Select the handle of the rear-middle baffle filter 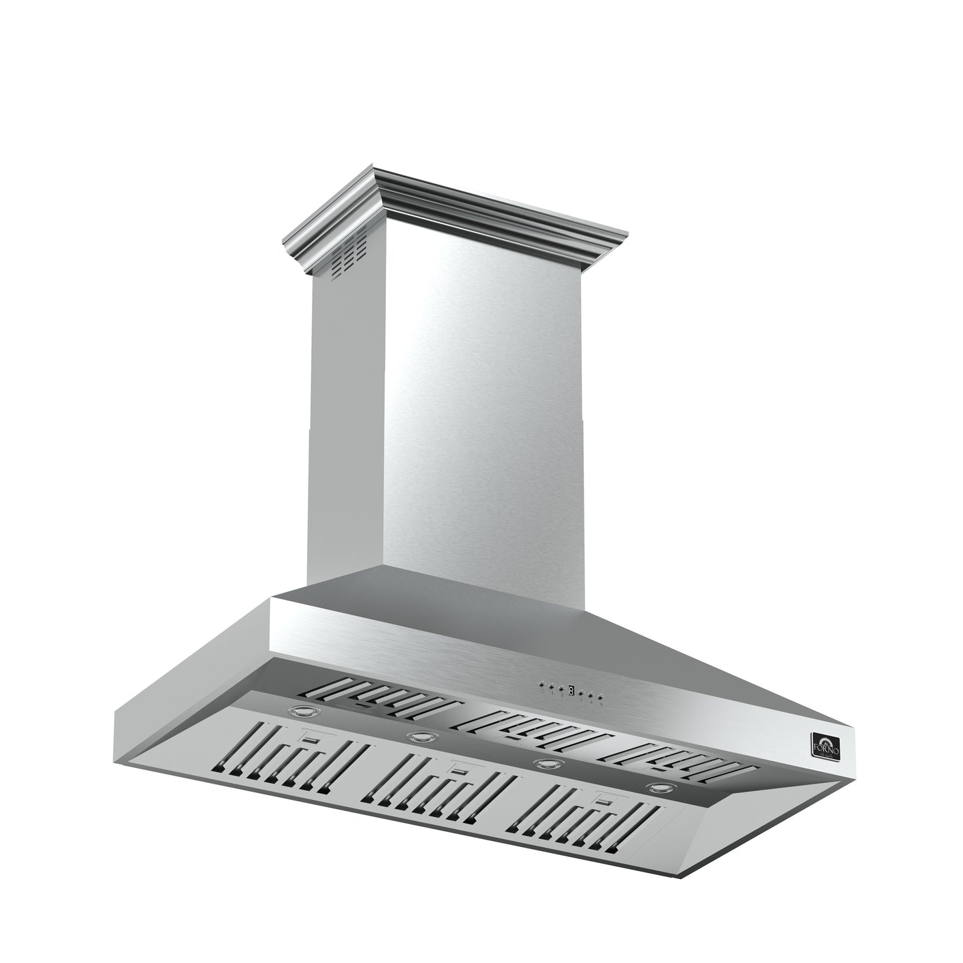point(512,738)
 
